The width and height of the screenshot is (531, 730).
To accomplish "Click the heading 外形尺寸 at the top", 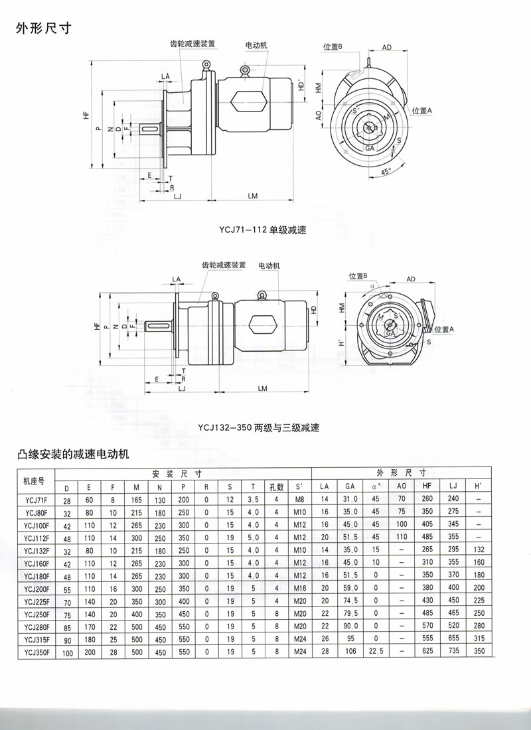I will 42,30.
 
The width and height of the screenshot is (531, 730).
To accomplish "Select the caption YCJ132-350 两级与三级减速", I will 258,428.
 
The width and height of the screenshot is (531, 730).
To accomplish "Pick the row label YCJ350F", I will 36,653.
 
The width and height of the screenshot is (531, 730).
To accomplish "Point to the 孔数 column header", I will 275,486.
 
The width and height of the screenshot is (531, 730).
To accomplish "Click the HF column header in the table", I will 426,486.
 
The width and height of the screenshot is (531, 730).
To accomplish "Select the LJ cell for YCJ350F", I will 453,653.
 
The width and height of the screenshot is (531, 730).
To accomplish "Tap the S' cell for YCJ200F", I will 299,589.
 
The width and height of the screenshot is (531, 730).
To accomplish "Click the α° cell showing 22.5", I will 376,653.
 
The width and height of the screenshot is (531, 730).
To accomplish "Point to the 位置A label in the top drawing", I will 421,110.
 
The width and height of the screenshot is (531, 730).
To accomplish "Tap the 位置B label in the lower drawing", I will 358,276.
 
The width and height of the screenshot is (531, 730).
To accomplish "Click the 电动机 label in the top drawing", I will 256,45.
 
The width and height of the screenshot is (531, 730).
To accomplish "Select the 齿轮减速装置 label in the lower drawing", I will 224,265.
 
